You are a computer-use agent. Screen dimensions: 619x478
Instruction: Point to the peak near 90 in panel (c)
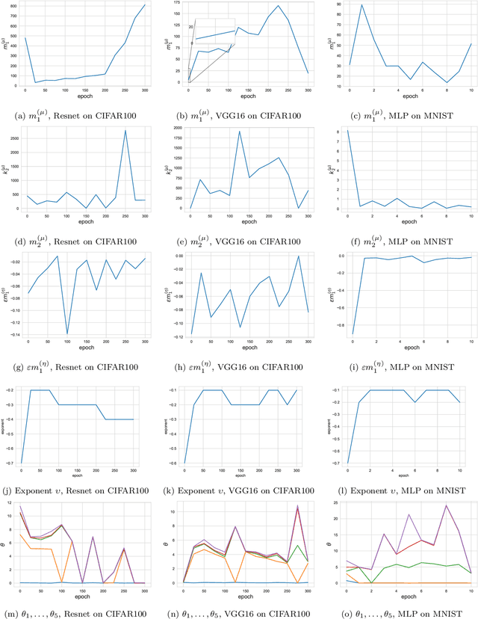362,5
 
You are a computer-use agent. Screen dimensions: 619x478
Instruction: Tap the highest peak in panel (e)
239,132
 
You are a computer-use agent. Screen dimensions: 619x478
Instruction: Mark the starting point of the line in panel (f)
347,131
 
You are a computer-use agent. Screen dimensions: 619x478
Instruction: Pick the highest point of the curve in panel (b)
278,6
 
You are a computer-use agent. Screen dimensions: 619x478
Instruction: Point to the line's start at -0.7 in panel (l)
347,463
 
